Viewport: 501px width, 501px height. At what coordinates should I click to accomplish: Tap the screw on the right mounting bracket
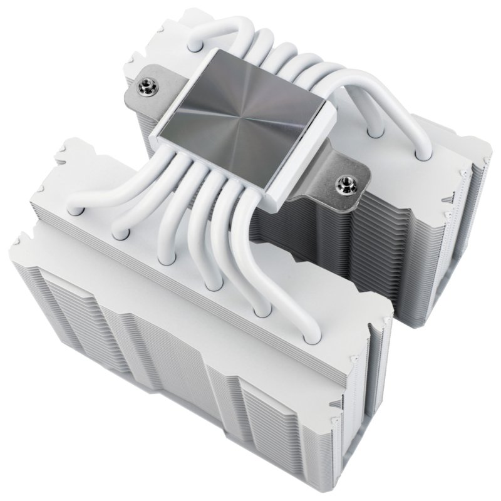click(343, 183)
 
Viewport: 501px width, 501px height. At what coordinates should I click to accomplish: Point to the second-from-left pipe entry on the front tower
click(121, 233)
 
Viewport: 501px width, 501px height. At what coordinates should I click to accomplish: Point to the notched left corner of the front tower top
click(25, 241)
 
